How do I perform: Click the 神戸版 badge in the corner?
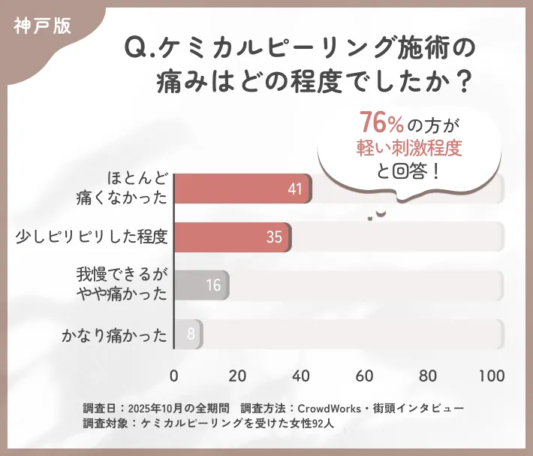click(x=42, y=25)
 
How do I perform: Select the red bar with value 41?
click(x=242, y=189)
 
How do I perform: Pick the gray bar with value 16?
click(x=201, y=285)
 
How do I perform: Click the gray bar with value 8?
click(x=188, y=334)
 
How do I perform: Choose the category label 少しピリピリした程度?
click(x=91, y=237)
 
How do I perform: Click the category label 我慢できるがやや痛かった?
click(x=122, y=285)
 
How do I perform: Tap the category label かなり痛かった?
click(x=114, y=334)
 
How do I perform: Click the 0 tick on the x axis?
click(x=174, y=376)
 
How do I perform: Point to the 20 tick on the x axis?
click(x=237, y=376)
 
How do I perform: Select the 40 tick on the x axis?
click(x=301, y=376)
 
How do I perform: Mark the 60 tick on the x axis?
click(x=365, y=376)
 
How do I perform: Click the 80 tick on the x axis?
click(x=428, y=376)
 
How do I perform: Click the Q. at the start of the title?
click(x=140, y=49)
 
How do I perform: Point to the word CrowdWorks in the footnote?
click(x=331, y=408)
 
